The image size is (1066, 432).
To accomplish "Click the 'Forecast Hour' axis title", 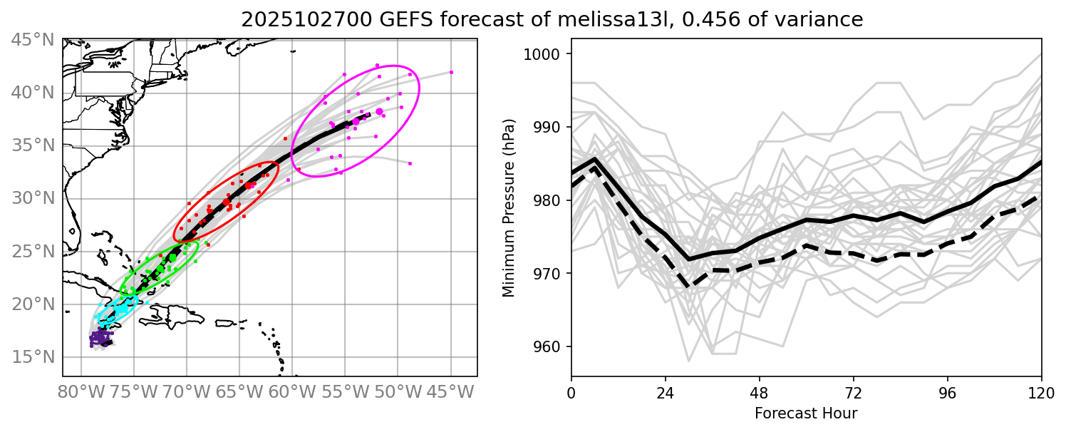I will tap(806, 413).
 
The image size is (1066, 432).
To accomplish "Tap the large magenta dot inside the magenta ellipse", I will tap(379, 112).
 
